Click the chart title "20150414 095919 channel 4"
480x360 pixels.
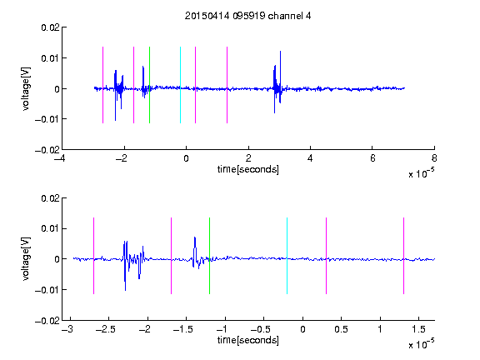247,16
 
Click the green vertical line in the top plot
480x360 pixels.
149,85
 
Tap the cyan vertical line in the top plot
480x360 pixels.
180,85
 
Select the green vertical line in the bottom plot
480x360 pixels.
209,256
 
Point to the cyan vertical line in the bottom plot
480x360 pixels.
287,256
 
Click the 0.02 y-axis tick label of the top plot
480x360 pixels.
51,27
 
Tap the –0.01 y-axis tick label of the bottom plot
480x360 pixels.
47,290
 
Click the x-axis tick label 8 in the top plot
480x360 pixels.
434,158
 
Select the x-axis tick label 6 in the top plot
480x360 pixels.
372,158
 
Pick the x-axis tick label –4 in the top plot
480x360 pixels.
60,158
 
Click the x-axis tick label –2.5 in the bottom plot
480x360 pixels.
106,329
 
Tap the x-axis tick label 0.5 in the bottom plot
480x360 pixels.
341,329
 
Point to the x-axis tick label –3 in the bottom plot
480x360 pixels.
67,329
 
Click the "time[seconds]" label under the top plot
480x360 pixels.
248,169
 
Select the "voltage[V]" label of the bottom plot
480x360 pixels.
26,259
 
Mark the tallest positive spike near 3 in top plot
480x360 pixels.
280,51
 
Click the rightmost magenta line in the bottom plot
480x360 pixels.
403,256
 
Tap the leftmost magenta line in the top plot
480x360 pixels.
102,85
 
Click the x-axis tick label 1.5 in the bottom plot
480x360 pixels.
418,329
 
